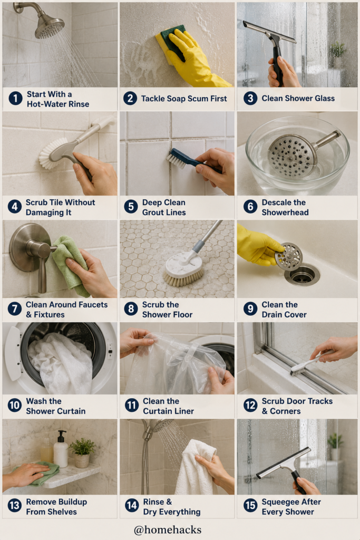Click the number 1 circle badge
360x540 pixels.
pyautogui.click(x=15, y=99)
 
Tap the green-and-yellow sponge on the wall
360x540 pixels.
pyautogui.click(x=169, y=44)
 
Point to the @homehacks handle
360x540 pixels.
pyautogui.click(x=168, y=529)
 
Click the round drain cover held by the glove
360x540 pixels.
pyautogui.click(x=289, y=257)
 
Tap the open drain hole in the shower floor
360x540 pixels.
pyautogui.click(x=302, y=275)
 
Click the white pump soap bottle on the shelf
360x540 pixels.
pyautogui.click(x=61, y=449)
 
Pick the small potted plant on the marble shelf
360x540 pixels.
pyautogui.click(x=82, y=452)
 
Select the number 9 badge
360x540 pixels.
pyautogui.click(x=250, y=309)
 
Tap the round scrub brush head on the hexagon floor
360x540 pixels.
pyautogui.click(x=184, y=269)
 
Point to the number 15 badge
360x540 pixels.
pyautogui.click(x=250, y=506)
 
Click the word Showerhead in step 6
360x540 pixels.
pyautogui.click(x=285, y=213)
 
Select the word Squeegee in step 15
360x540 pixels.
pyautogui.click(x=279, y=502)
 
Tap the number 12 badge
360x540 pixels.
pyautogui.click(x=250, y=405)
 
